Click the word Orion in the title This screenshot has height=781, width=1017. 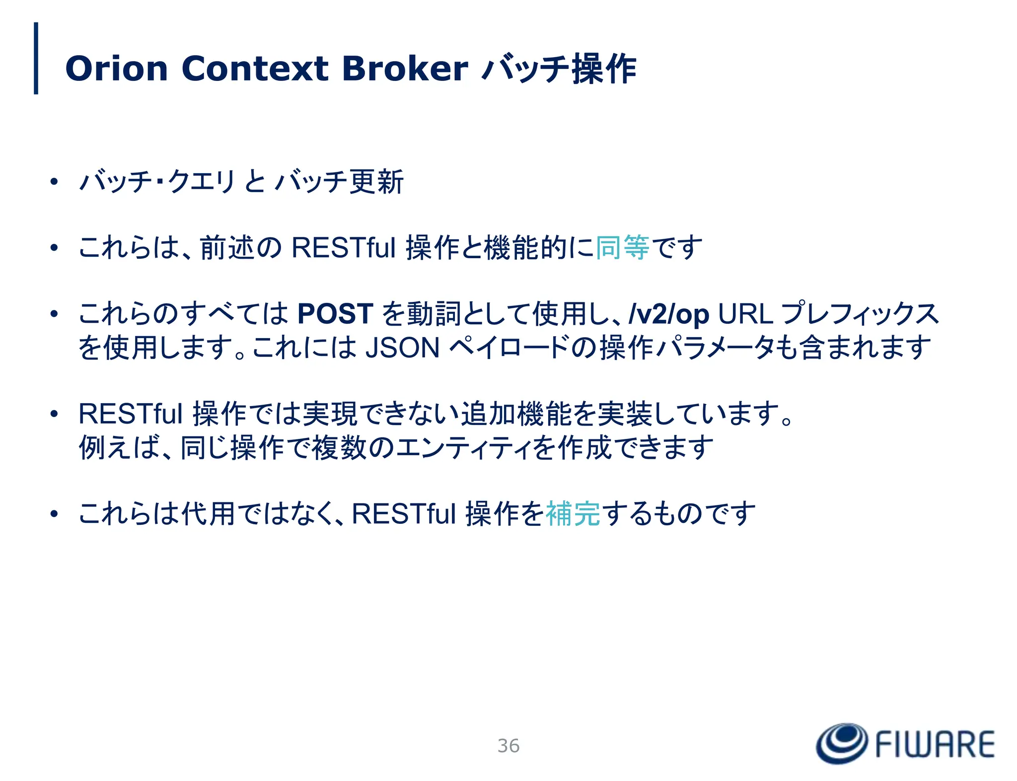(116, 69)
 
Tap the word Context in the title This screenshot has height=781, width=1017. (255, 69)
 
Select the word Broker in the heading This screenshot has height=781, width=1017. (405, 69)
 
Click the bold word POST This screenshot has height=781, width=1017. (335, 314)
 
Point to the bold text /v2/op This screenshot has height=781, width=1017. (668, 314)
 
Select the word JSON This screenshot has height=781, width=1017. (402, 348)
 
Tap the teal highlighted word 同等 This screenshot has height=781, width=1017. (622, 248)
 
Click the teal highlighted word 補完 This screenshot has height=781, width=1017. (573, 514)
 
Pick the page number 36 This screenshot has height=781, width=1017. (508, 746)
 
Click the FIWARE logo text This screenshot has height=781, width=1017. (935, 745)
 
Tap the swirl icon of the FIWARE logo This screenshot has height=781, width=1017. (842, 743)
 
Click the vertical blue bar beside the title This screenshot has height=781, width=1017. (36, 58)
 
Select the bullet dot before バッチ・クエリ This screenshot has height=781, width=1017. (54, 182)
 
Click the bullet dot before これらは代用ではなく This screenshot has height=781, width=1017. (54, 514)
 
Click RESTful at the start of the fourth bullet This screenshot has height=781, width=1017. (131, 414)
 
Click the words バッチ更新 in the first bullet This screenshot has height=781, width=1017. (340, 182)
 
